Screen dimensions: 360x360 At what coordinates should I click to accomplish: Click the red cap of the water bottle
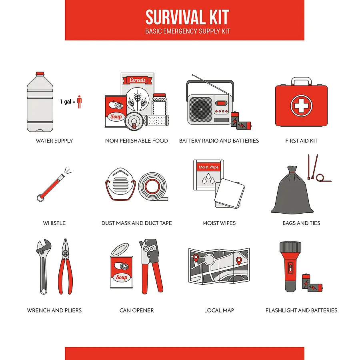tap(40, 74)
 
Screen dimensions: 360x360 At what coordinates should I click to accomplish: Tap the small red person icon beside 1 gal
tap(79, 102)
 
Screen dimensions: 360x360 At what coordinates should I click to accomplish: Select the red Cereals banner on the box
tap(138, 80)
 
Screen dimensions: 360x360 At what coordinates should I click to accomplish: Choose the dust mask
tap(120, 185)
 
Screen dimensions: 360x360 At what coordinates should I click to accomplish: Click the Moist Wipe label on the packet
tap(208, 167)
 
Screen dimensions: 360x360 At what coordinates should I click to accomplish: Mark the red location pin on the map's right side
tap(239, 261)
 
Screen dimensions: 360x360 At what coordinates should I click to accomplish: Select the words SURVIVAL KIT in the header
tap(187, 17)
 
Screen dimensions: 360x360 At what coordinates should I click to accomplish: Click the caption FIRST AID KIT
tap(301, 141)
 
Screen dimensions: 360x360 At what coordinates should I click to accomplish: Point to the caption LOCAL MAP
tap(219, 310)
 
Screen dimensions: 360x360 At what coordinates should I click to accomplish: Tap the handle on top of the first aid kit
tap(301, 81)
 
